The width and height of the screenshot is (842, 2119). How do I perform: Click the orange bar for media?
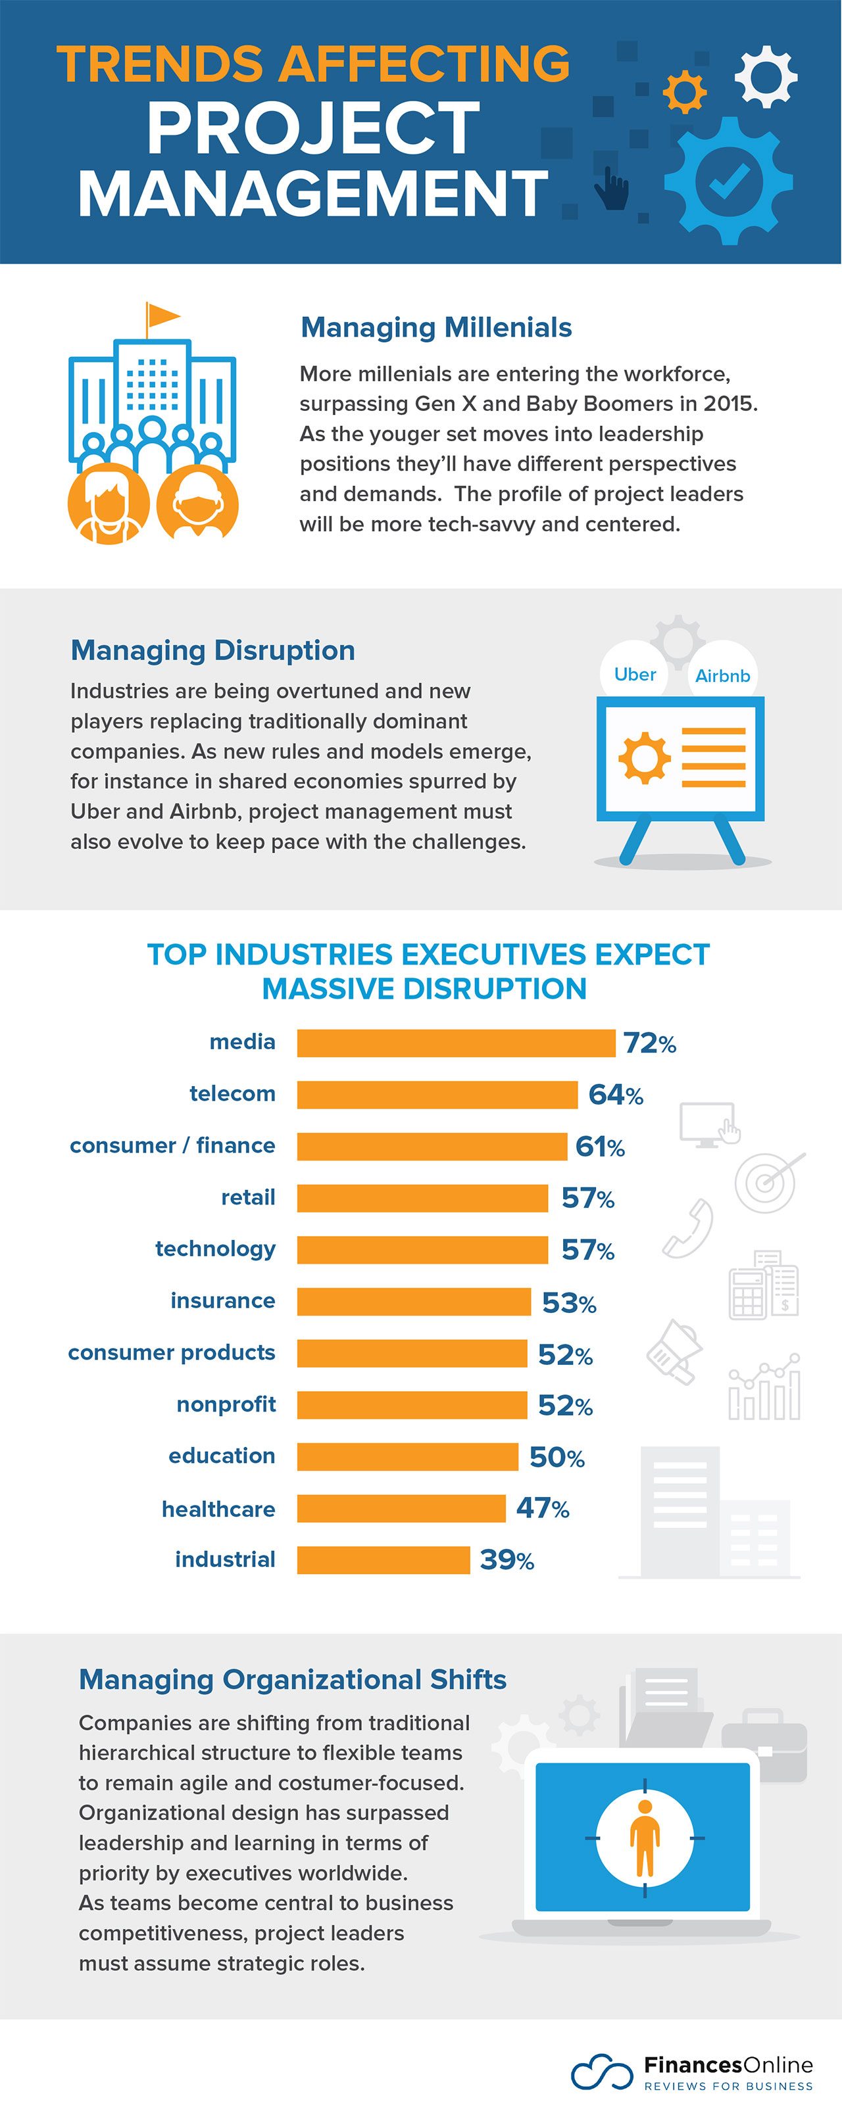pos(455,1042)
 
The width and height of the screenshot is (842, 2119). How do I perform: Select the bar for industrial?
pos(383,1559)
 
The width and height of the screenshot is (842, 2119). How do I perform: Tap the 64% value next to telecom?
pos(615,1094)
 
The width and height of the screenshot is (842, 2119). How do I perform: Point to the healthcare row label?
pos(218,1509)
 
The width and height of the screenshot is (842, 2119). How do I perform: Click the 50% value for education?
pos(557,1457)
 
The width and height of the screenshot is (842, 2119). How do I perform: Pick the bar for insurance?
pos(413,1301)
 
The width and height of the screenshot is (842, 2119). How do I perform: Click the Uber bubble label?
pos(635,674)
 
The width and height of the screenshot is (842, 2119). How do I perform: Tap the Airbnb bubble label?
pos(722,675)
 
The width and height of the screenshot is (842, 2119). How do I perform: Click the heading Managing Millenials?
pos(435,327)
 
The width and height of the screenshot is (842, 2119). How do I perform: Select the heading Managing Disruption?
pos(212,650)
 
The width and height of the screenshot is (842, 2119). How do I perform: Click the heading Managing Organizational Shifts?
pos(292,1679)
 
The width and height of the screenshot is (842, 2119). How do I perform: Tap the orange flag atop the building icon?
pos(162,315)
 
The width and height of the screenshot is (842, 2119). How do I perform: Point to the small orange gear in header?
pos(684,92)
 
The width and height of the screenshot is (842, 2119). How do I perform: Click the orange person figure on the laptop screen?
pos(643,1836)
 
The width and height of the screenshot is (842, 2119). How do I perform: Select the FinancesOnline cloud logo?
pos(603,2071)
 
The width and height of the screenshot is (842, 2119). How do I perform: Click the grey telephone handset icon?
pos(688,1229)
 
